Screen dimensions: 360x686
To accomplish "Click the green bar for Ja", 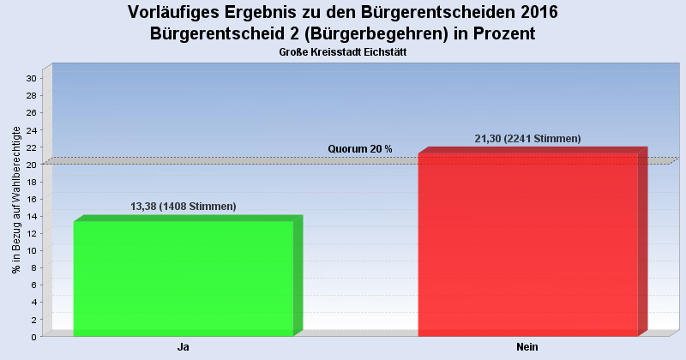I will pos(184,279).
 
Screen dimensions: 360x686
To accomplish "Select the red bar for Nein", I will pos(527,245).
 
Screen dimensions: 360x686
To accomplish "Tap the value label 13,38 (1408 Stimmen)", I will pos(183,207).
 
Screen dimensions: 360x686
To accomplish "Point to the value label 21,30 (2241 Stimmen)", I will pos(527,139).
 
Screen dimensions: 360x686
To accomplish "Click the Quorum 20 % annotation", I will pos(360,149).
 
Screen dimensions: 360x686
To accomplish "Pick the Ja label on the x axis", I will pos(183,347).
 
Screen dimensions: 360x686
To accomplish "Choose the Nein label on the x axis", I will pos(527,347).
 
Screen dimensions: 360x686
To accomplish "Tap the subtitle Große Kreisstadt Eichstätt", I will pos(342,52).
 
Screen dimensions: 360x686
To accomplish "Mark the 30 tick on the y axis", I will pos(30,78).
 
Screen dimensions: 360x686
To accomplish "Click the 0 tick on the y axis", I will pos(33,337).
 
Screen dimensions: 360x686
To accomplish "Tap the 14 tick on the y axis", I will pos(30,216).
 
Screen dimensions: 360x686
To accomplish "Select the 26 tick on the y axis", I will pos(30,112).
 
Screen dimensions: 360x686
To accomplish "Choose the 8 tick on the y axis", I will pos(33,267).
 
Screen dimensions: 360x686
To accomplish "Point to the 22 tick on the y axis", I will pos(30,147).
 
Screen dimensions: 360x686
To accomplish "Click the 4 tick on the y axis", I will pos(33,302).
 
